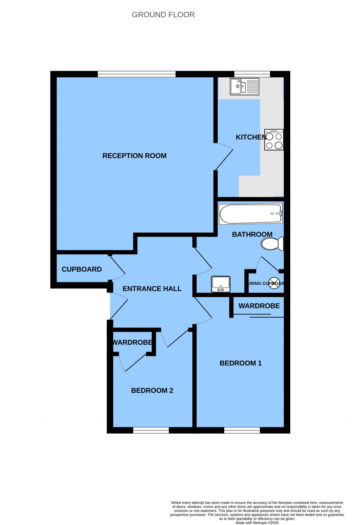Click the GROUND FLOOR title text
[x=163, y=15]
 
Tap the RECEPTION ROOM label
[x=134, y=156]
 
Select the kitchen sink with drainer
[x=244, y=87]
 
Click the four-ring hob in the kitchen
[x=274, y=140]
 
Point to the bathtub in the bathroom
[x=250, y=214]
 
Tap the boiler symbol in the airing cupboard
[x=274, y=283]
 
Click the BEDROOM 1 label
[x=240, y=363]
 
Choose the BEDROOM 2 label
[x=152, y=391]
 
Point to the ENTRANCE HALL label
[x=152, y=289]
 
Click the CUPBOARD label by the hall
[x=82, y=269]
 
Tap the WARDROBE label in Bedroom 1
[x=259, y=306]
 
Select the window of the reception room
[x=136, y=74]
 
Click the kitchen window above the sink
[x=252, y=74]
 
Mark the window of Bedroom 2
[x=151, y=430]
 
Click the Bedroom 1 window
[x=242, y=430]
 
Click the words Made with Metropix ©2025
[x=257, y=523]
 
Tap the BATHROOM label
[x=252, y=234]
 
